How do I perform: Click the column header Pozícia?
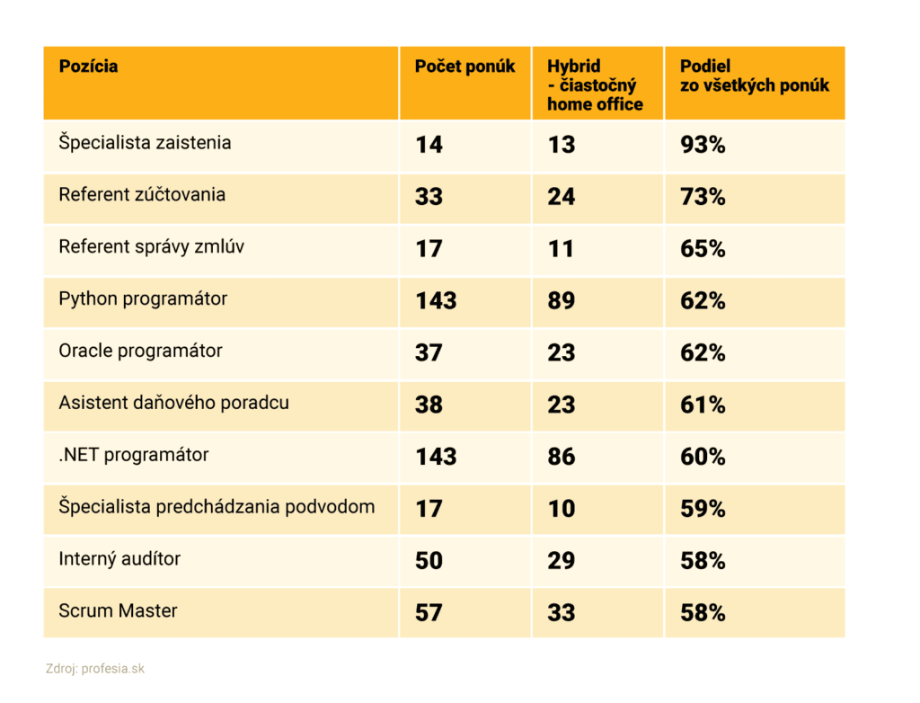88,67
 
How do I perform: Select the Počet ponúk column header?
464,67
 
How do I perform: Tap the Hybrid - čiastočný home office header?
595,85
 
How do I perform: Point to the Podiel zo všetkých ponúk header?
755,76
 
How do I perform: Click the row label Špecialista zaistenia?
145,143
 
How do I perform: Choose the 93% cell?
703,144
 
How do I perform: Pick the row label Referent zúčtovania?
142,195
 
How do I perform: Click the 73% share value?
703,196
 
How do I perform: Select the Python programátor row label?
143,299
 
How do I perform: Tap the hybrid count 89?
562,300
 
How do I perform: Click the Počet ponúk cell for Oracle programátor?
429,352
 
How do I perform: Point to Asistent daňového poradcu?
174,403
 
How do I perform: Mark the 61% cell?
703,405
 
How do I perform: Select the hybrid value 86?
562,457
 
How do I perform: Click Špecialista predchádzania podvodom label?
217,507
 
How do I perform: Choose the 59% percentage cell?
703,509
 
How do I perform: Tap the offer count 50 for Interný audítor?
429,561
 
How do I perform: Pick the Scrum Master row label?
118,611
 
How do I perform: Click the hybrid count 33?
562,613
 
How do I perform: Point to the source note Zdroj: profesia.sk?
94,669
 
